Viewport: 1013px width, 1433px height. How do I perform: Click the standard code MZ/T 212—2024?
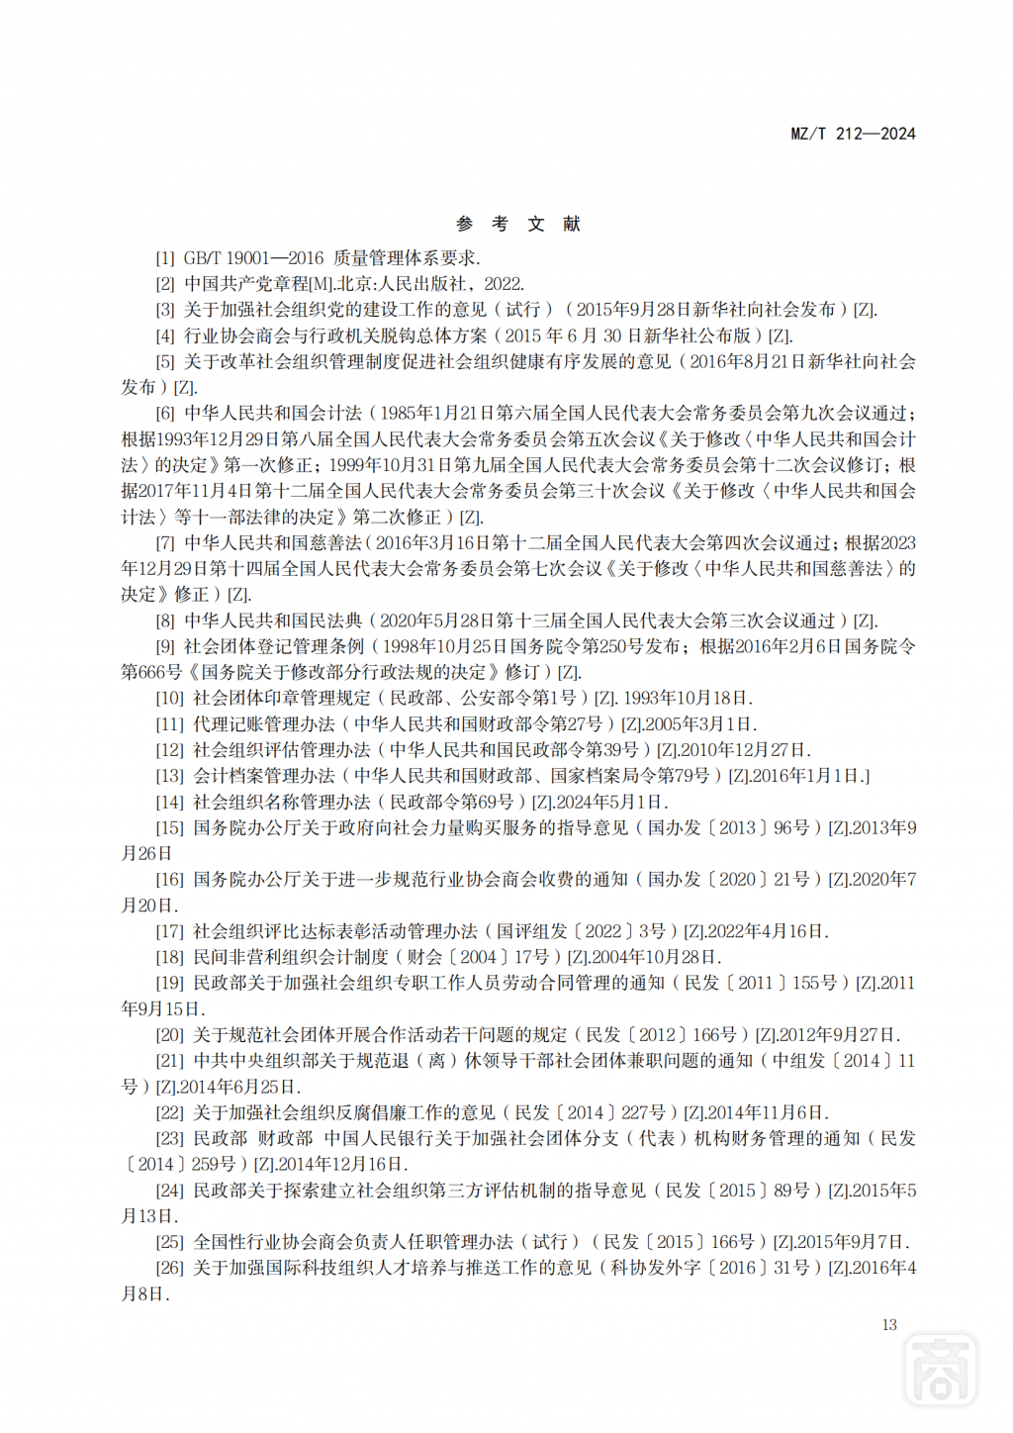pos(853,134)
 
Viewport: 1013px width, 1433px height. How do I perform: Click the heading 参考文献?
pos(518,225)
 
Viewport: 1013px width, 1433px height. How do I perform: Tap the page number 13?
pos(888,1324)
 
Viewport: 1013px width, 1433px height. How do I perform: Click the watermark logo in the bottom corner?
pos(941,1370)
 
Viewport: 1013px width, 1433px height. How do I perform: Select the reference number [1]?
pos(165,258)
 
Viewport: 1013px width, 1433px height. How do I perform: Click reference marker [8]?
pos(165,621)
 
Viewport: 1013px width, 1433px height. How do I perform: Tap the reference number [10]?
pos(169,698)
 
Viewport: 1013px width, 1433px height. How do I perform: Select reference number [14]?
pos(169,802)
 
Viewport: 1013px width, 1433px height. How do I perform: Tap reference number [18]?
pos(169,957)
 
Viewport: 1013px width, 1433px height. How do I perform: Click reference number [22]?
pos(169,1112)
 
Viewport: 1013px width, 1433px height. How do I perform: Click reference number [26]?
pos(169,1268)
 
